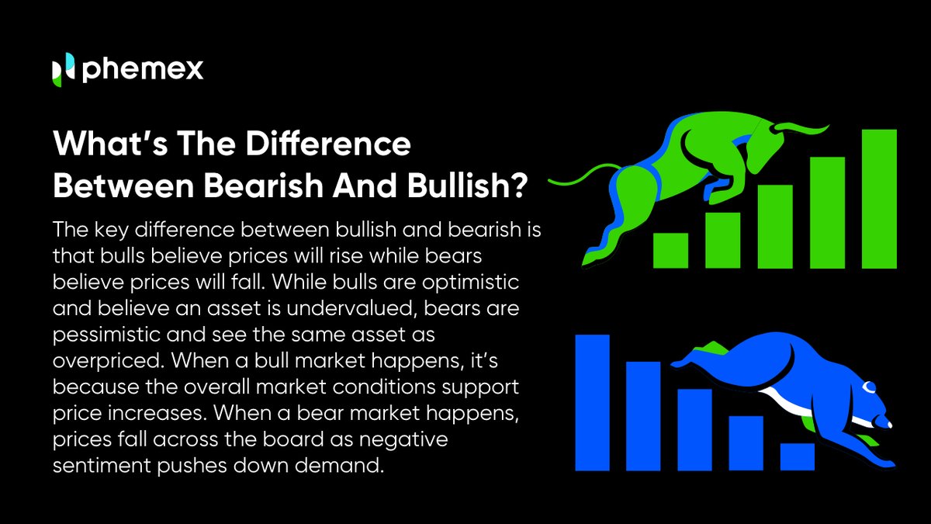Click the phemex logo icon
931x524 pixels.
click(62, 70)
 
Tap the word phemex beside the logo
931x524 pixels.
click(142, 70)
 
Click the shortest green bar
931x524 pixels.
click(670, 249)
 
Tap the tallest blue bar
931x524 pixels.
click(592, 402)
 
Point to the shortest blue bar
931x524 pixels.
click(798, 456)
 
